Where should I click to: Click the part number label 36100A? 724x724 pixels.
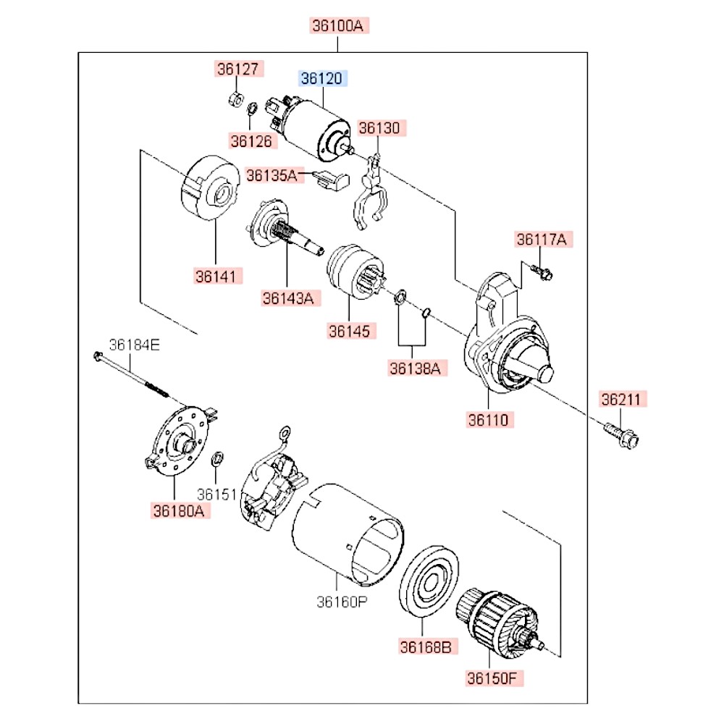tap(337, 26)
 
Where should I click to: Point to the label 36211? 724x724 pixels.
tap(623, 400)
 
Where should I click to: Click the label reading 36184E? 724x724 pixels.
tap(134, 345)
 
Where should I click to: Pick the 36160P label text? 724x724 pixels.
tap(340, 602)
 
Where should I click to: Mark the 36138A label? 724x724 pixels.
tap(415, 368)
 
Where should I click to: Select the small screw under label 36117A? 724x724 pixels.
tap(541, 271)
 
